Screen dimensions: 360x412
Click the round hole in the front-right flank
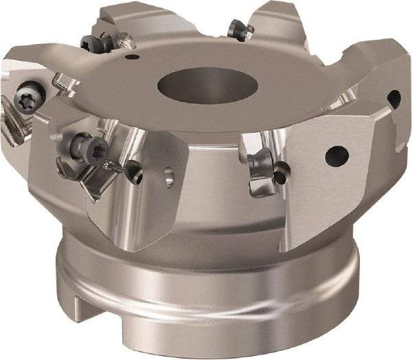[x=336, y=155]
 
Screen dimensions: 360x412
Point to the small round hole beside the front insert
[x=137, y=177]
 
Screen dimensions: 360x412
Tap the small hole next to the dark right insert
[x=280, y=177]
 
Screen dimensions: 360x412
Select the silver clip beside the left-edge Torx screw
[x=65, y=84]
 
